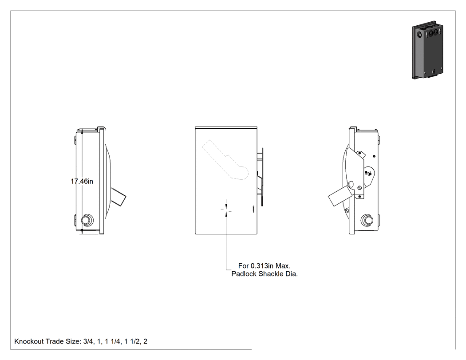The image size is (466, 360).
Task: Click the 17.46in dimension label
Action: pos(82,181)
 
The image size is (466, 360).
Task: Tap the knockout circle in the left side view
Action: pos(87,220)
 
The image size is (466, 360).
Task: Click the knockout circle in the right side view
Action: pos(367,220)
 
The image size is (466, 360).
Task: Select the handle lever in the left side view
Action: pos(118,196)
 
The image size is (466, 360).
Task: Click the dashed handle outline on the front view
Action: pos(225,160)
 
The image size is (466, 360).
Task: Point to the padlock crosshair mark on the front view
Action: pos(226,209)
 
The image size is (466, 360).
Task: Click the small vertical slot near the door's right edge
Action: pos(253,209)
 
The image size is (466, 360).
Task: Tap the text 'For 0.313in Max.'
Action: pos(264,266)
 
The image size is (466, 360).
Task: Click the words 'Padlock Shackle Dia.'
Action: pos(265,274)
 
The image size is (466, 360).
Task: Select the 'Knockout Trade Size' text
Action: pos(47,341)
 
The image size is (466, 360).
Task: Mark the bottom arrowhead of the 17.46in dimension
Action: pos(82,231)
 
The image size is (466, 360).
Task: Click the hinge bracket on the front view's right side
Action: pos(260,177)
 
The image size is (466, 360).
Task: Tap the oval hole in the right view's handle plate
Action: pos(351,184)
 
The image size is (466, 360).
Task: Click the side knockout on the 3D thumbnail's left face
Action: pos(419,35)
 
